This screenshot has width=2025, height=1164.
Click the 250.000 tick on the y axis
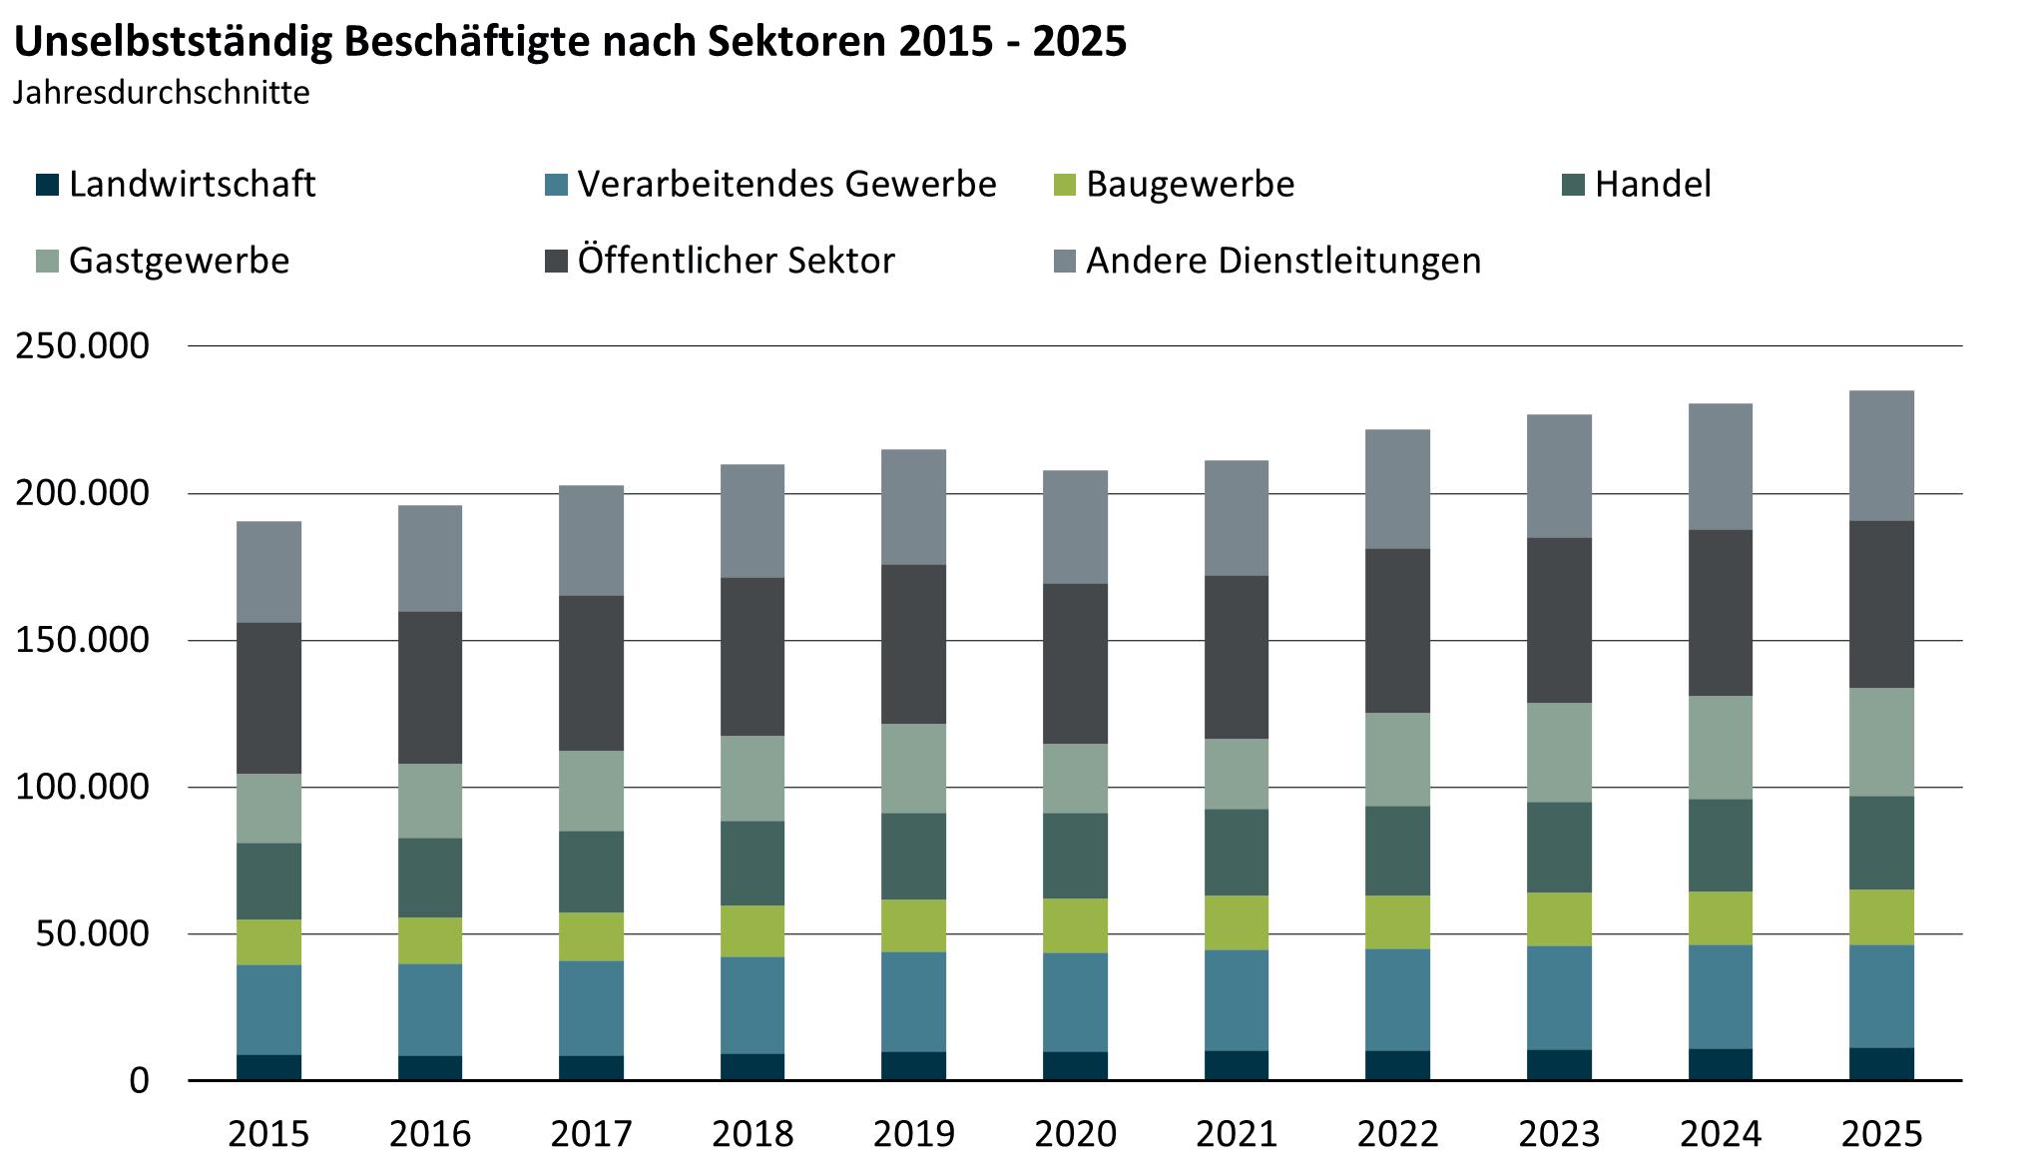[82, 346]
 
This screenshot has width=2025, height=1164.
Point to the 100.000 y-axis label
[82, 788]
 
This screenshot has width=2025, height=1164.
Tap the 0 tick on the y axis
[139, 1081]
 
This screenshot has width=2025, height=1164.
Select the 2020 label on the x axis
[1075, 1134]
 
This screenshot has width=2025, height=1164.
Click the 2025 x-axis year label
[1881, 1134]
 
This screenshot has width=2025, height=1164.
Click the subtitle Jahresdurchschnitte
[162, 93]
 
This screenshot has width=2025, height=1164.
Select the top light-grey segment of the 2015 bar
[269, 572]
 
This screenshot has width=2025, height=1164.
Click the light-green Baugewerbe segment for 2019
[914, 925]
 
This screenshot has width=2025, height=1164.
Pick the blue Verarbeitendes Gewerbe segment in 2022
[1397, 999]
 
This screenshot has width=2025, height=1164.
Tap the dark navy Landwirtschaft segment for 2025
[1881, 1064]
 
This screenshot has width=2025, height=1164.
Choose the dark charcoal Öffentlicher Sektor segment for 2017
[592, 673]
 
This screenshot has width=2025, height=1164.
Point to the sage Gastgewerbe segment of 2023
[1559, 753]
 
